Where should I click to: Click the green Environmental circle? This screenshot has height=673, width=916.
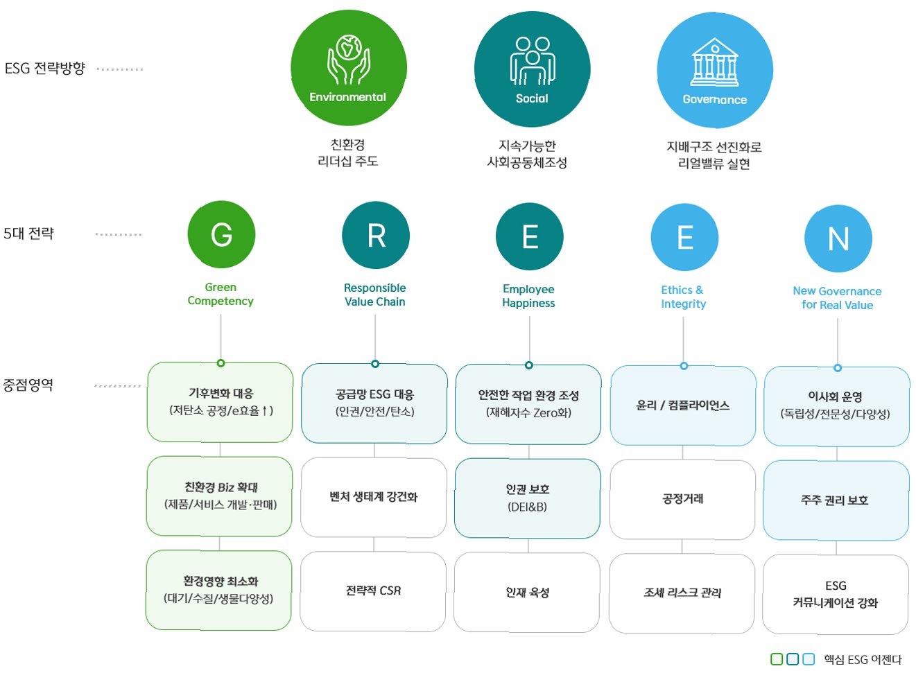coord(348,69)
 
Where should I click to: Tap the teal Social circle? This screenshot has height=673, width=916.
coord(532,69)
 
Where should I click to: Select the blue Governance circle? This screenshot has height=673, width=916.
coord(714,70)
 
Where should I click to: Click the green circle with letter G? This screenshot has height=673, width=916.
coord(221,234)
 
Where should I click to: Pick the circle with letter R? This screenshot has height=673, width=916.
coord(376,236)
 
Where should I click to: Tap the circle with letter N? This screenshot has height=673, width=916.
coord(838,238)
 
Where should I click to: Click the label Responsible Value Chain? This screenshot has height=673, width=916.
coord(375,295)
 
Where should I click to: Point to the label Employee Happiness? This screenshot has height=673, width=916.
coord(528,296)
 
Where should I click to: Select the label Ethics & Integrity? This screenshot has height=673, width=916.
coord(683,297)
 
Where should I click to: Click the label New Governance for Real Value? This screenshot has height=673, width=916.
coord(837,298)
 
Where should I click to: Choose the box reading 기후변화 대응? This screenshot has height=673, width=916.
coord(221,402)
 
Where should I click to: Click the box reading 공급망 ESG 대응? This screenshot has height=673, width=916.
coord(374,403)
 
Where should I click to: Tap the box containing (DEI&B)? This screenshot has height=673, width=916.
coord(528,498)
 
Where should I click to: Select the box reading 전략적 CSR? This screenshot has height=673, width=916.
coord(373,591)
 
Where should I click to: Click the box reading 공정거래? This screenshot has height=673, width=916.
coord(682,499)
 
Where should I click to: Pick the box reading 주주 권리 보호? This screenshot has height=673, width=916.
coord(836,500)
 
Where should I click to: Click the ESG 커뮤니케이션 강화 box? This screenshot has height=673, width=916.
coord(836,594)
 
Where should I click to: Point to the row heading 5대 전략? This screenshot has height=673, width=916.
coord(28,234)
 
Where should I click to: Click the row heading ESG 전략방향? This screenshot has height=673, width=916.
coord(45,69)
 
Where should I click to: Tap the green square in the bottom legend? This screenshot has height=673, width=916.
coord(777,659)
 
